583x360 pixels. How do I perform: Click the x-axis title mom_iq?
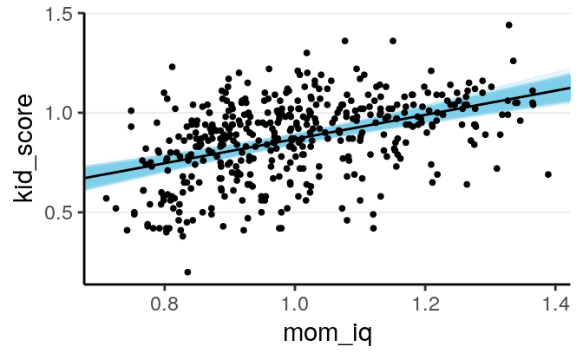pos(327,337)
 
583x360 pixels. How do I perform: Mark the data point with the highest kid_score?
pos(508,25)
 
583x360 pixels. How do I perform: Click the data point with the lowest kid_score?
pos(187,272)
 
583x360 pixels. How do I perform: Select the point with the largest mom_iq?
pos(548,174)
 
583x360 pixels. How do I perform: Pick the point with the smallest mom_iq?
pos(106,198)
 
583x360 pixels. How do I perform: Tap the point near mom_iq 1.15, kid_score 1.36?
pos(393,41)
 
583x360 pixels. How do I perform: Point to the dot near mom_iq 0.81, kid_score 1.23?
pos(172,67)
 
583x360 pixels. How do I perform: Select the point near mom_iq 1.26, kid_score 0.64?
pos(467,184)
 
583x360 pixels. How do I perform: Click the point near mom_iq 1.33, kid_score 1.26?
pos(513,61)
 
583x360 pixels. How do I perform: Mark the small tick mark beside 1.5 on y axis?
pos(81,13)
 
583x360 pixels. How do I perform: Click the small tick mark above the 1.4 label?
pos(554,286)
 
